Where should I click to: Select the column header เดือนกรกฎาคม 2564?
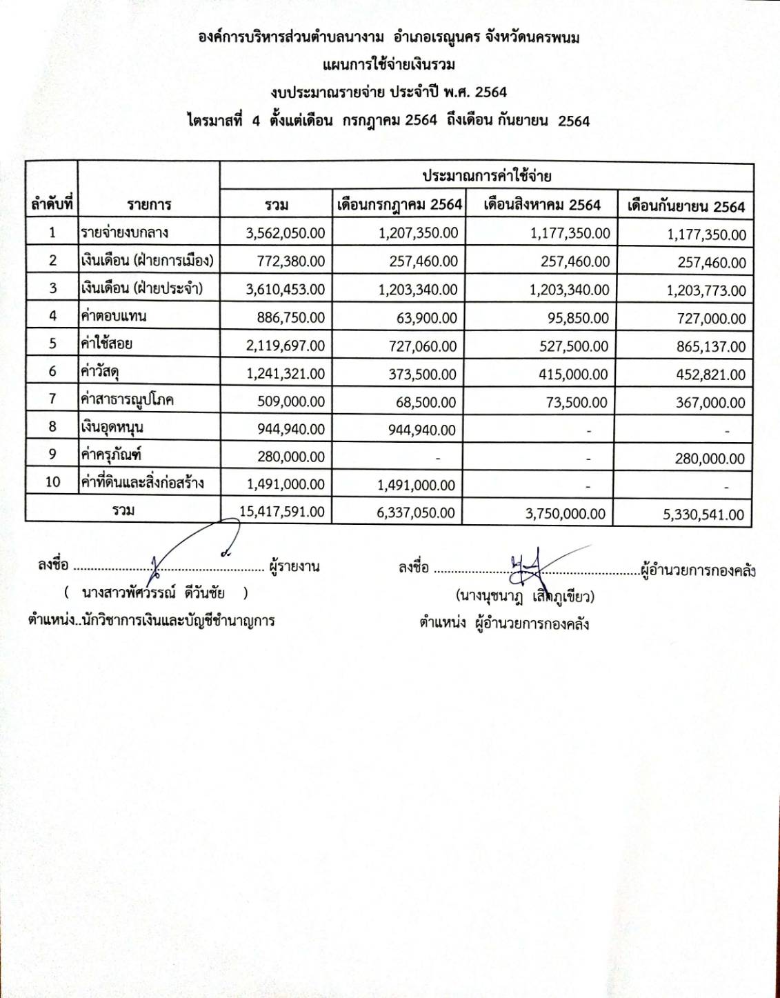coord(399,205)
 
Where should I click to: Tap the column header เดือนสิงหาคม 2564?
coord(541,205)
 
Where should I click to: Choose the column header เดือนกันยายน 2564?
coord(686,206)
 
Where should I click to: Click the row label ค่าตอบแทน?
coord(114,317)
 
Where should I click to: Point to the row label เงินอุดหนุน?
coord(112,428)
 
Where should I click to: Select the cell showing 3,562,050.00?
coord(285,233)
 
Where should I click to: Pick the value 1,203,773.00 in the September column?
coord(706,291)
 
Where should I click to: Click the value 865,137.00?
coord(710,347)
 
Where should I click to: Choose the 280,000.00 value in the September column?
coord(710,459)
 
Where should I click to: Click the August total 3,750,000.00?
coord(565,514)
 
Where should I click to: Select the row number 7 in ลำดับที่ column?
coord(52,399)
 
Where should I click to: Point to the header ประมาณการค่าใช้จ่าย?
coord(487,176)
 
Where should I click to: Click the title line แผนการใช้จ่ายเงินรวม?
coord(389,65)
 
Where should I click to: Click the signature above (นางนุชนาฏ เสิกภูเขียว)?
coord(531,565)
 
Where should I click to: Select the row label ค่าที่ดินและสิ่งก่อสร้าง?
coord(143,483)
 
